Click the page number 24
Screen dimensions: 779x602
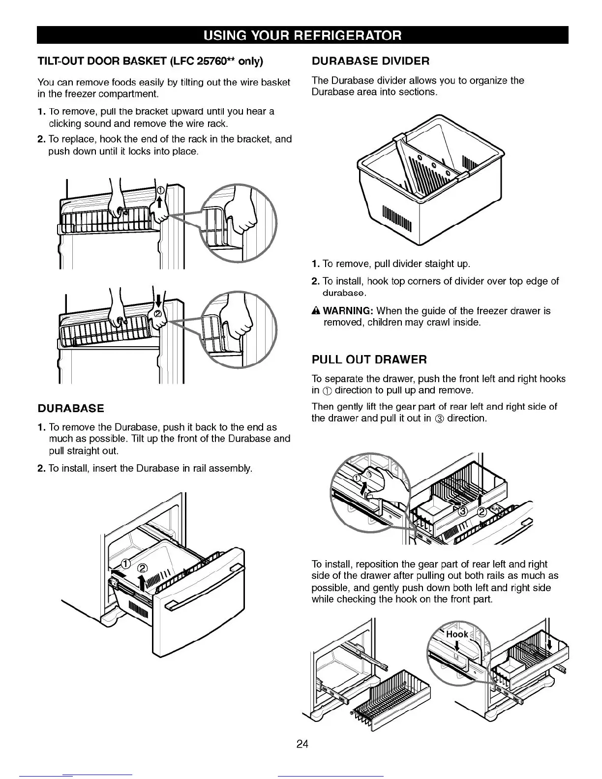302,744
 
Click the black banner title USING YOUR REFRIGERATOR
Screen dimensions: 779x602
302,35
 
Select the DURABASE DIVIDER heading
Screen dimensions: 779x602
370,61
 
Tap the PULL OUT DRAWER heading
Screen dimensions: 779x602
369,360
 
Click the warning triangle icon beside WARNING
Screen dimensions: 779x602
316,311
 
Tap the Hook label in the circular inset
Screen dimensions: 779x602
457,634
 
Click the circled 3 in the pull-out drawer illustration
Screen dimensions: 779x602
463,512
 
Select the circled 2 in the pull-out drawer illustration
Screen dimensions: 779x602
482,512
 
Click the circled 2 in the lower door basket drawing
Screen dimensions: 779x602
158,314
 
